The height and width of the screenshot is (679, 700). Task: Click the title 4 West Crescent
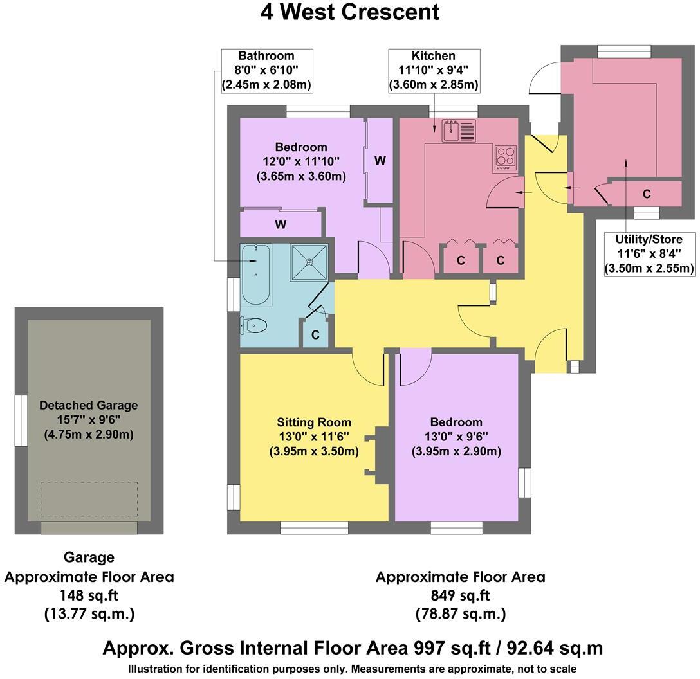(350, 12)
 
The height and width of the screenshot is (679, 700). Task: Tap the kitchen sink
(458, 131)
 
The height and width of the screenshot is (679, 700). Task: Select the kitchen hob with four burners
(505, 158)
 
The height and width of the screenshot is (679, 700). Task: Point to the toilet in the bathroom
(252, 326)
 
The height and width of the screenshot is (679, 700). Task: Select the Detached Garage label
(88, 405)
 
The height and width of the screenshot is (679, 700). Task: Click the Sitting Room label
(314, 422)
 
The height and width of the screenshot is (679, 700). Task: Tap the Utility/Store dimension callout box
(649, 253)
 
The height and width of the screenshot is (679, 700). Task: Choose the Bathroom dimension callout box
(266, 70)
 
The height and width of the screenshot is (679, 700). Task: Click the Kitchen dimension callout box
(433, 70)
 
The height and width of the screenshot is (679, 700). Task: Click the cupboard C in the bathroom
(315, 335)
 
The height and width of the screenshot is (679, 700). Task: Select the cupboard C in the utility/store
(647, 194)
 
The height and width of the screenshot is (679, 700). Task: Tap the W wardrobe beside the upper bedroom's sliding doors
(380, 161)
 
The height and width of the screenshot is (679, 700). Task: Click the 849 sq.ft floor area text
(460, 595)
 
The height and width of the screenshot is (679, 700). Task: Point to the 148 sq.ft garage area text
(89, 595)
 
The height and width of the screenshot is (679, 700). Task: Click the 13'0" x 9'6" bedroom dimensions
(456, 437)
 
